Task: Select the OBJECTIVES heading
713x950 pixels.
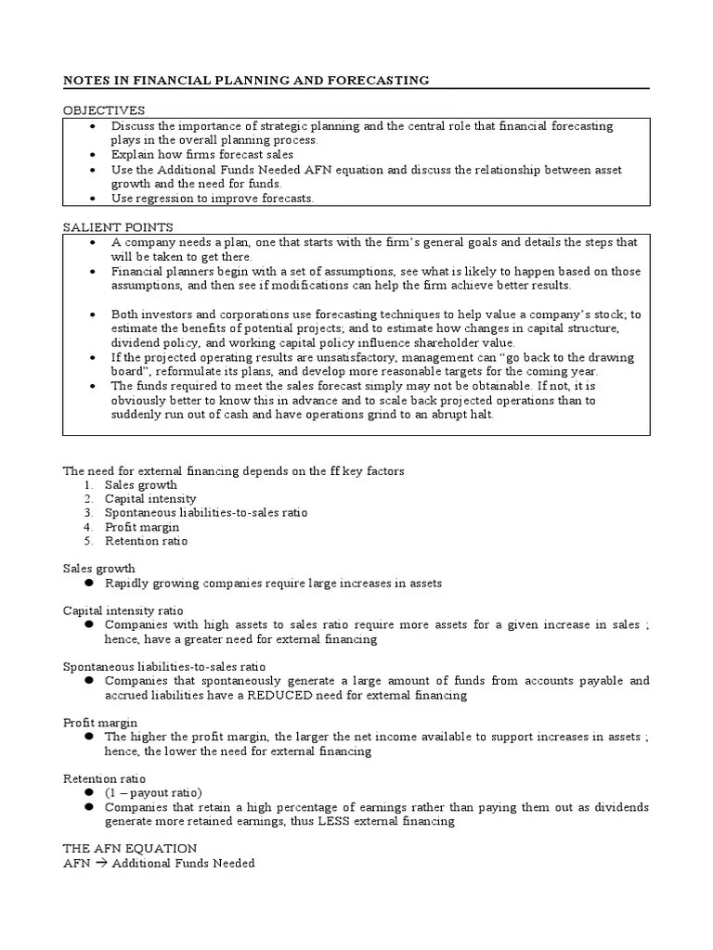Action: pyautogui.click(x=104, y=110)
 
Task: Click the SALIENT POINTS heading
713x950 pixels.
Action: pyautogui.click(x=118, y=227)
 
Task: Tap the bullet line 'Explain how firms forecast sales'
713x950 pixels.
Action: pyautogui.click(x=201, y=155)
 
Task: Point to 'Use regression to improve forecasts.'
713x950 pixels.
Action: pyautogui.click(x=213, y=199)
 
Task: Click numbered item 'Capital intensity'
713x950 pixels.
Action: pyautogui.click(x=150, y=498)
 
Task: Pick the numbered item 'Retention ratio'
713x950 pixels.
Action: pyautogui.click(x=146, y=541)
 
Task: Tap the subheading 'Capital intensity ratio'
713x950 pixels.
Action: pyautogui.click(x=123, y=610)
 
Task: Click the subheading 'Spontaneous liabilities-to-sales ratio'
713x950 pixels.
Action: pyautogui.click(x=164, y=666)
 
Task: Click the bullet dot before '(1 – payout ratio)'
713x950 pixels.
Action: pyautogui.click(x=89, y=793)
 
